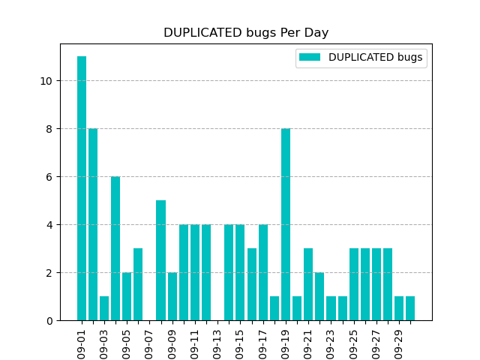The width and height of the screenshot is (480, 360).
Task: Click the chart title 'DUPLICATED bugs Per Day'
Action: (x=246, y=33)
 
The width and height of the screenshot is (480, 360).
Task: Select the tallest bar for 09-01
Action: (x=82, y=188)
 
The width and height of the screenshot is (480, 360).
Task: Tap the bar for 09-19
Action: (x=286, y=224)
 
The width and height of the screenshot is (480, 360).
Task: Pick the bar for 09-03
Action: (x=104, y=308)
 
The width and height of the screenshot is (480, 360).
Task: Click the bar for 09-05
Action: (x=127, y=296)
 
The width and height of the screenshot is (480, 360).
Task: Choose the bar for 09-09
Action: (x=172, y=296)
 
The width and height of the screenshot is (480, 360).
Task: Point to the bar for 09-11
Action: (x=195, y=272)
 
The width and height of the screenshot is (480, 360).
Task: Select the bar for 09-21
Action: (x=308, y=284)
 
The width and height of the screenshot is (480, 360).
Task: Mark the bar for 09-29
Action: (x=399, y=308)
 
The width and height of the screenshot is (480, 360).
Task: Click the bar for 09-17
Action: (x=263, y=272)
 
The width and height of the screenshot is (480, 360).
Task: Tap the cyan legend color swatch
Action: (x=309, y=58)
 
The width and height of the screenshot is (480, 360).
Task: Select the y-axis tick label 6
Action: (x=49, y=177)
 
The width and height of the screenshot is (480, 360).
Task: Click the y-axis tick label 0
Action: (x=49, y=321)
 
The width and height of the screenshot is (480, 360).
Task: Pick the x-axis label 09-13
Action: (x=217, y=343)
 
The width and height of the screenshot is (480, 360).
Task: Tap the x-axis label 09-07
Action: (x=149, y=343)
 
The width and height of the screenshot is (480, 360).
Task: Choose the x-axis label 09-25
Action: (x=353, y=343)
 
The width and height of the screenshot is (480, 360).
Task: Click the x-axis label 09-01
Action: (x=82, y=343)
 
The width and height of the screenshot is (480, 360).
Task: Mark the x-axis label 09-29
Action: (x=399, y=343)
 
